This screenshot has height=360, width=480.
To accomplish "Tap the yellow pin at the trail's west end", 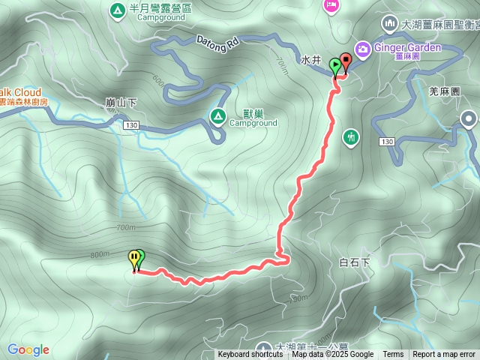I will pos(134,259).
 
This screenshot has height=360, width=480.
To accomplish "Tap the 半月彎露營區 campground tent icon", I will pos(118,10).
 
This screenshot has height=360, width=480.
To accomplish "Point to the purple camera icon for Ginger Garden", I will pos(361,48).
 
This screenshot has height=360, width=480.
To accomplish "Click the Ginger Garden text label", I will pos(407,48).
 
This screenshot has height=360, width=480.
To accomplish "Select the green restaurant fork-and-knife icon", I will pos(350,137).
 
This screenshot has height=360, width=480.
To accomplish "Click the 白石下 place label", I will pos(355,262).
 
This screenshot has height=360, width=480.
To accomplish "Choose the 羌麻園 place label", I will pos(443,91).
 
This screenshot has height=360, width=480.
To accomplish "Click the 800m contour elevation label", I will pos(100,254).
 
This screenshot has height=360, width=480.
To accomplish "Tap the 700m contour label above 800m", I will pos(126,227).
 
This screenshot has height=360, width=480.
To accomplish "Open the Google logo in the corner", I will pos(28,349).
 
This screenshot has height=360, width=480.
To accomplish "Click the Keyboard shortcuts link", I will pos(250,355).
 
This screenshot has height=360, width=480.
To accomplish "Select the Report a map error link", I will pos(444,355).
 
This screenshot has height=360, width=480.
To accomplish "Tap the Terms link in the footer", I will pos(393,355).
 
